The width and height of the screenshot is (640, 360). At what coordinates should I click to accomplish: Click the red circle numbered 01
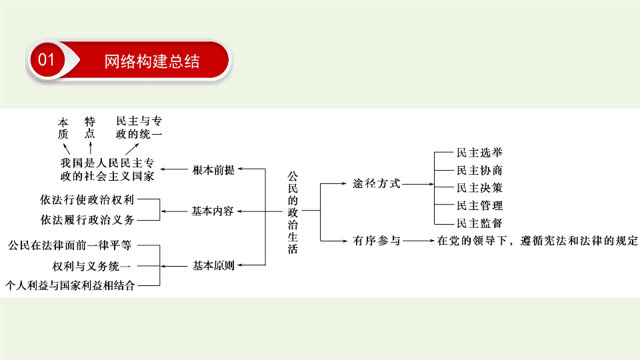[x=47, y=60]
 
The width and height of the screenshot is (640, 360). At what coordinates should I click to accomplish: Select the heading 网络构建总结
[x=152, y=61]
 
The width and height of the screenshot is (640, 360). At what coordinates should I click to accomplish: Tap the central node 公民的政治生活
[x=293, y=213]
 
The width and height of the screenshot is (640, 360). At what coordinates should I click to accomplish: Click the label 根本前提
[x=213, y=170]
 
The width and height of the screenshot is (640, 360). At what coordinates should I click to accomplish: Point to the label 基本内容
[x=213, y=211]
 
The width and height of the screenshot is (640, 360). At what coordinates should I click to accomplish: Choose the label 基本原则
[x=213, y=266]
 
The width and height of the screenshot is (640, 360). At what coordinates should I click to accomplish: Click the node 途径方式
[x=376, y=184]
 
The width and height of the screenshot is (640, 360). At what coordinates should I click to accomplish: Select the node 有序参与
[x=376, y=241]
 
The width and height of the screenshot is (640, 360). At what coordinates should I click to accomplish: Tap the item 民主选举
[x=479, y=153]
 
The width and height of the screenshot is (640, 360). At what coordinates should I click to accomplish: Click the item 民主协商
[x=479, y=170]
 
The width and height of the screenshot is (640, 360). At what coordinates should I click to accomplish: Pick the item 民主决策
[x=479, y=188]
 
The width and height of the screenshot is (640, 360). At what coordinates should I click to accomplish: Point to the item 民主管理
[x=479, y=205]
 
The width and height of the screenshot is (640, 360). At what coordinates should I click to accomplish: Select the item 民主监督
[x=479, y=223]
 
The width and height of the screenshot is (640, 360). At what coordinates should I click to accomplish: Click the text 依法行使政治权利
[x=87, y=199]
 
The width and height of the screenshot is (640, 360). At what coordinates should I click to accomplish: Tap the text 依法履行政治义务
[x=87, y=220]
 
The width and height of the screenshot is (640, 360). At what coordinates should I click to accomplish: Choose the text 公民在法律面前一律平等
[x=70, y=245]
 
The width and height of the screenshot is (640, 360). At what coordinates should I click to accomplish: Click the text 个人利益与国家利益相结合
[x=70, y=285]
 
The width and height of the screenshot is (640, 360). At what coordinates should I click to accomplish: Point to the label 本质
[x=63, y=128]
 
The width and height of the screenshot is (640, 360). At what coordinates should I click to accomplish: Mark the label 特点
[x=90, y=128]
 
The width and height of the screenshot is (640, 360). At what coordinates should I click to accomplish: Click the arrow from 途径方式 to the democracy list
[x=417, y=184]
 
